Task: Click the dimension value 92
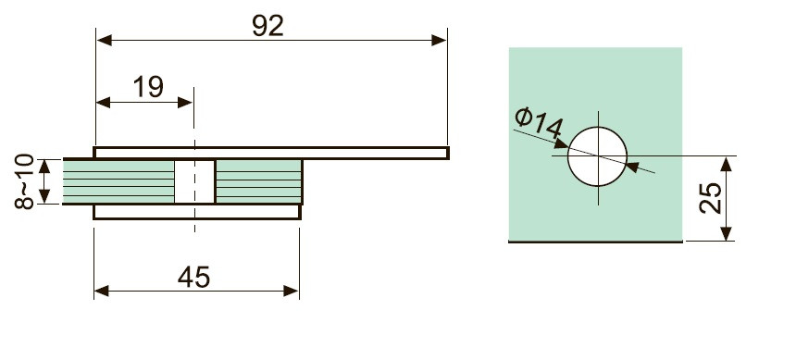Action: [267, 26]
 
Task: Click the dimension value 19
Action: [148, 87]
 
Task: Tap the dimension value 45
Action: [194, 278]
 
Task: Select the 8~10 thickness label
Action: [24, 181]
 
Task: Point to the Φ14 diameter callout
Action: [539, 123]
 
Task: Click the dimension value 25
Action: [711, 198]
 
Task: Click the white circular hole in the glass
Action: [598, 156]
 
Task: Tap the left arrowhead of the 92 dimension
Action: [105, 40]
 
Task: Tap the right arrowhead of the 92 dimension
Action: [439, 40]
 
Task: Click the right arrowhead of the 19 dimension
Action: [185, 103]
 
